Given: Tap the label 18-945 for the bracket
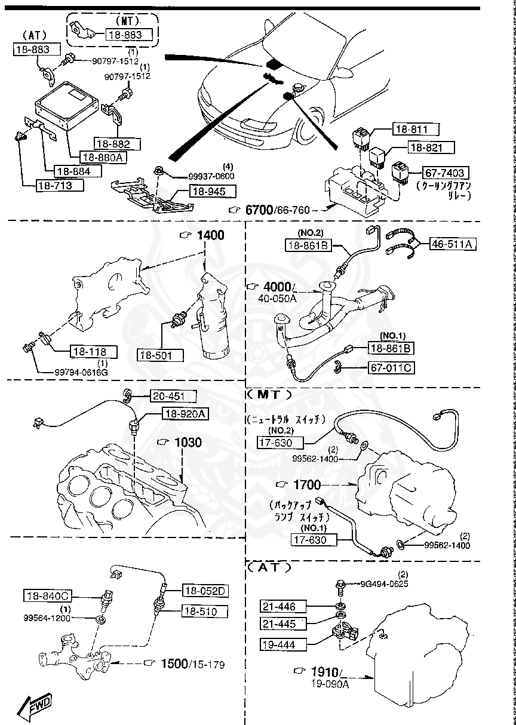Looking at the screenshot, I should click(212, 192).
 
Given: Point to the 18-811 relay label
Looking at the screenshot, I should click(415, 128).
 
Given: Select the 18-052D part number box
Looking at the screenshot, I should click(205, 591).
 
